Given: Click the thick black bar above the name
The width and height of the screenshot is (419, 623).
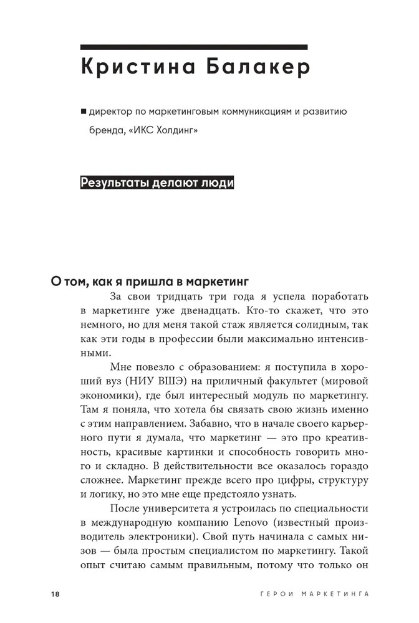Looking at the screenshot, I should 194,47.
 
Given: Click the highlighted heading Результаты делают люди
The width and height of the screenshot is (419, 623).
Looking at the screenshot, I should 157,183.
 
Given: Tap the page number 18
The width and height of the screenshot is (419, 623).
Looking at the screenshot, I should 54,593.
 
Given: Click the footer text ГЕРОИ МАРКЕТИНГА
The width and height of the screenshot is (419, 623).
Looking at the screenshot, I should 314,593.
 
